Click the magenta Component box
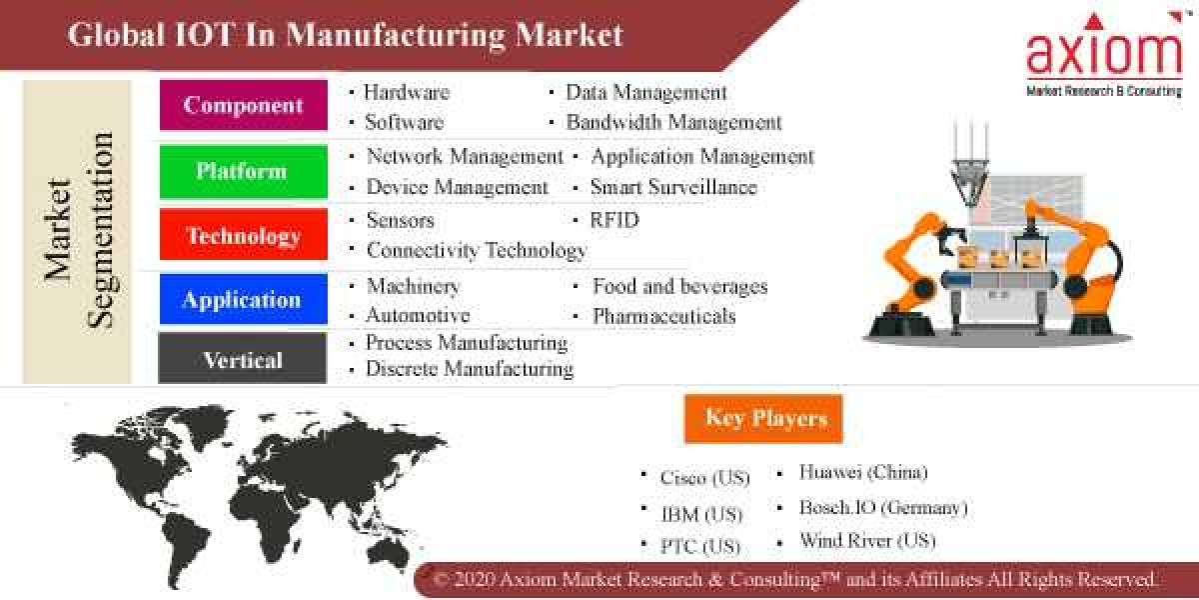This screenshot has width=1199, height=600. click(243, 105)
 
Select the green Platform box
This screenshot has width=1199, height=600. click(243, 171)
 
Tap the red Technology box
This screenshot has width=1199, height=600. click(243, 236)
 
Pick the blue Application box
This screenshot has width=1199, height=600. click(243, 300)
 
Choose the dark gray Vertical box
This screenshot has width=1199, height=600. click(243, 360)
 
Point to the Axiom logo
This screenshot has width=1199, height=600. click(1103, 55)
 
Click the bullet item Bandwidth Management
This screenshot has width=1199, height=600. click(673, 123)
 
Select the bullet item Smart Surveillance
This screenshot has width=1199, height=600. click(672, 187)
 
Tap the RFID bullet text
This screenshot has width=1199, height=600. click(613, 220)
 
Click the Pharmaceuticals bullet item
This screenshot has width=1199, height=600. click(663, 316)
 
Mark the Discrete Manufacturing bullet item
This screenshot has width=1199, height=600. click(469, 369)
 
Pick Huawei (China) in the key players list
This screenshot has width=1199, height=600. click(862, 473)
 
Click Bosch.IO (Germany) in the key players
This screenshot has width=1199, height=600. click(882, 508)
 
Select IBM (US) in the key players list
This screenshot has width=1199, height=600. click(701, 514)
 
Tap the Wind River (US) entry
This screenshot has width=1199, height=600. click(866, 542)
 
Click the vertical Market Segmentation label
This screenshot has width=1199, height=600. click(78, 230)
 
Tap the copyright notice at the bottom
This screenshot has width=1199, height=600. click(795, 579)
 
